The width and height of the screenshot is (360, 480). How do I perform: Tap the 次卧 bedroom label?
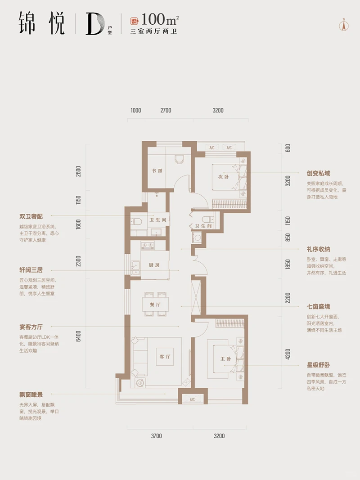(x=224, y=177)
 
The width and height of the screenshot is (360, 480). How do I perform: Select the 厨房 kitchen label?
(x=154, y=265)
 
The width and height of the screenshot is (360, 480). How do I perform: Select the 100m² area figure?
(x=154, y=20)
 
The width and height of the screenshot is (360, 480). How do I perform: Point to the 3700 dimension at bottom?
(x=156, y=436)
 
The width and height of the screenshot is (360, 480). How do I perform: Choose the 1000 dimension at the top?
(x=135, y=110)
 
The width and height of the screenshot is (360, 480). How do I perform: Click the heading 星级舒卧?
(x=319, y=365)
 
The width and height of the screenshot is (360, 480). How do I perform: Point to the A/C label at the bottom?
(x=192, y=399)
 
